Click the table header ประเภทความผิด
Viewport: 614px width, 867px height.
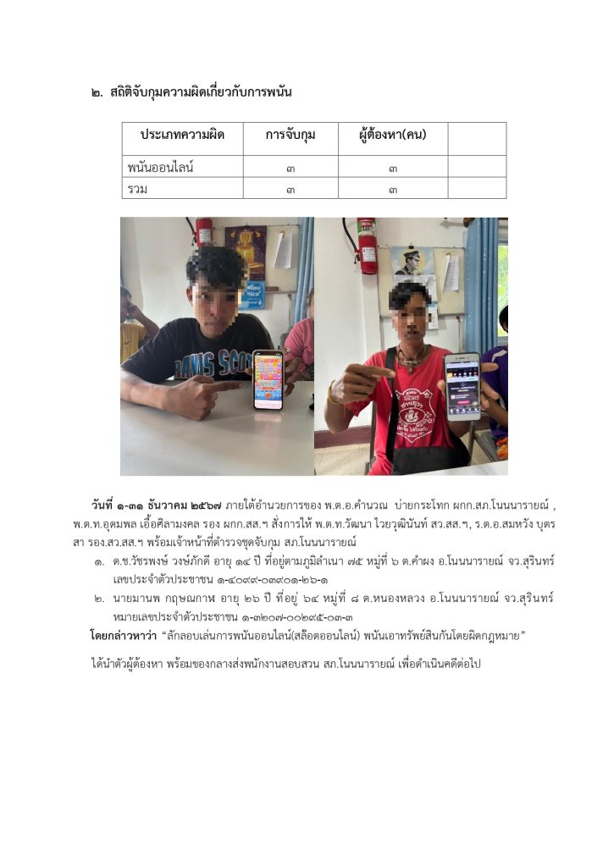pos(181,136)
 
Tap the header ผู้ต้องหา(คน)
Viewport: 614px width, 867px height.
pos(392,136)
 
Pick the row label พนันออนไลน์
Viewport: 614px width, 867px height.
pos(161,168)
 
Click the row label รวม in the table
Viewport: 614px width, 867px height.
pos(137,189)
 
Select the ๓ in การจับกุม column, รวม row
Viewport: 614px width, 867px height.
pos(290,190)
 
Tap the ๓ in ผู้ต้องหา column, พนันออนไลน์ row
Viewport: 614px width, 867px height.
pos(392,168)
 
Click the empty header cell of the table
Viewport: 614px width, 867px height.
pos(477,137)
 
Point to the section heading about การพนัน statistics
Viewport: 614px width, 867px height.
pos(195,91)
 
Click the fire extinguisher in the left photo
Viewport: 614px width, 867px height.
pos(204,232)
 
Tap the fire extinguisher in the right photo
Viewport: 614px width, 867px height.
pos(367,245)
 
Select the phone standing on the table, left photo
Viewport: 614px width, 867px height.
pos(268,379)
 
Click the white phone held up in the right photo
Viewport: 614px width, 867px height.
pos(462,385)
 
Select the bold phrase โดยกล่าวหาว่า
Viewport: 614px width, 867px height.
pos(123,634)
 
